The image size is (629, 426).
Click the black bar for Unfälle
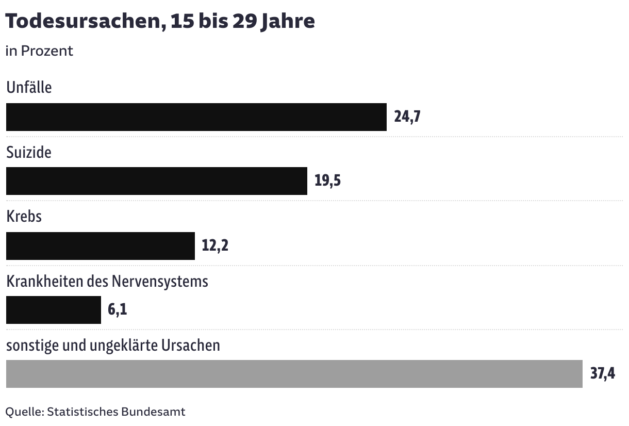point(196,117)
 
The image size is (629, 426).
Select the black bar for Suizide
point(156,181)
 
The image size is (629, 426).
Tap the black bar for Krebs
point(100,245)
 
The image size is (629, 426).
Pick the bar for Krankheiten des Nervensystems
point(53,310)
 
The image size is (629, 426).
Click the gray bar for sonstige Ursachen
point(294,374)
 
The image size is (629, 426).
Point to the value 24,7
point(407,117)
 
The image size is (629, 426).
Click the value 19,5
point(328,181)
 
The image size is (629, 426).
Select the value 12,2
point(215,245)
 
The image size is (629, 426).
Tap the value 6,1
point(118,310)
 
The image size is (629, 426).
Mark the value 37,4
point(603,374)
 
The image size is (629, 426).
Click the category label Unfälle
point(29,87)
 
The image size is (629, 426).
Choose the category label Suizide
point(29,152)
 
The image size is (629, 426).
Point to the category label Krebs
point(24,216)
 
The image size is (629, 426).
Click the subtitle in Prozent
point(39,51)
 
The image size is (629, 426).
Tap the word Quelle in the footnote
point(24,412)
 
